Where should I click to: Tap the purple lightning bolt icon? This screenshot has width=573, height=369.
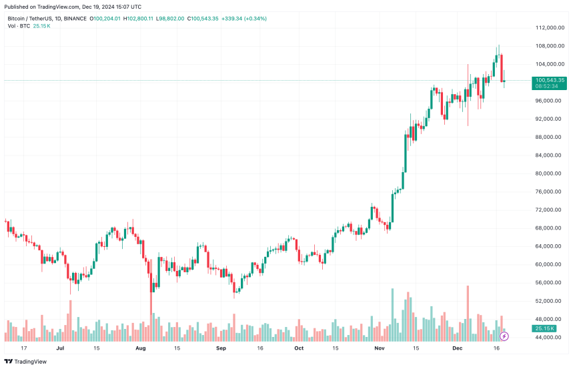pos(504,336)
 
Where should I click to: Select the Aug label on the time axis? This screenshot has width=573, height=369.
pos(141,348)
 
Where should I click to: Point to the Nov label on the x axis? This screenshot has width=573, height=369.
pos(379,348)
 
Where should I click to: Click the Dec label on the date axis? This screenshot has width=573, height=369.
pos(458,348)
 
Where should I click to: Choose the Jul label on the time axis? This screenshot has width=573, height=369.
pos(60,348)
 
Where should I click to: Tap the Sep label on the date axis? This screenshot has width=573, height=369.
pos(221,348)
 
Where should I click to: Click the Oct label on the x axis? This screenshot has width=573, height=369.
pos(299,348)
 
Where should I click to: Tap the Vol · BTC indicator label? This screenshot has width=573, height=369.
pos(19,26)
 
